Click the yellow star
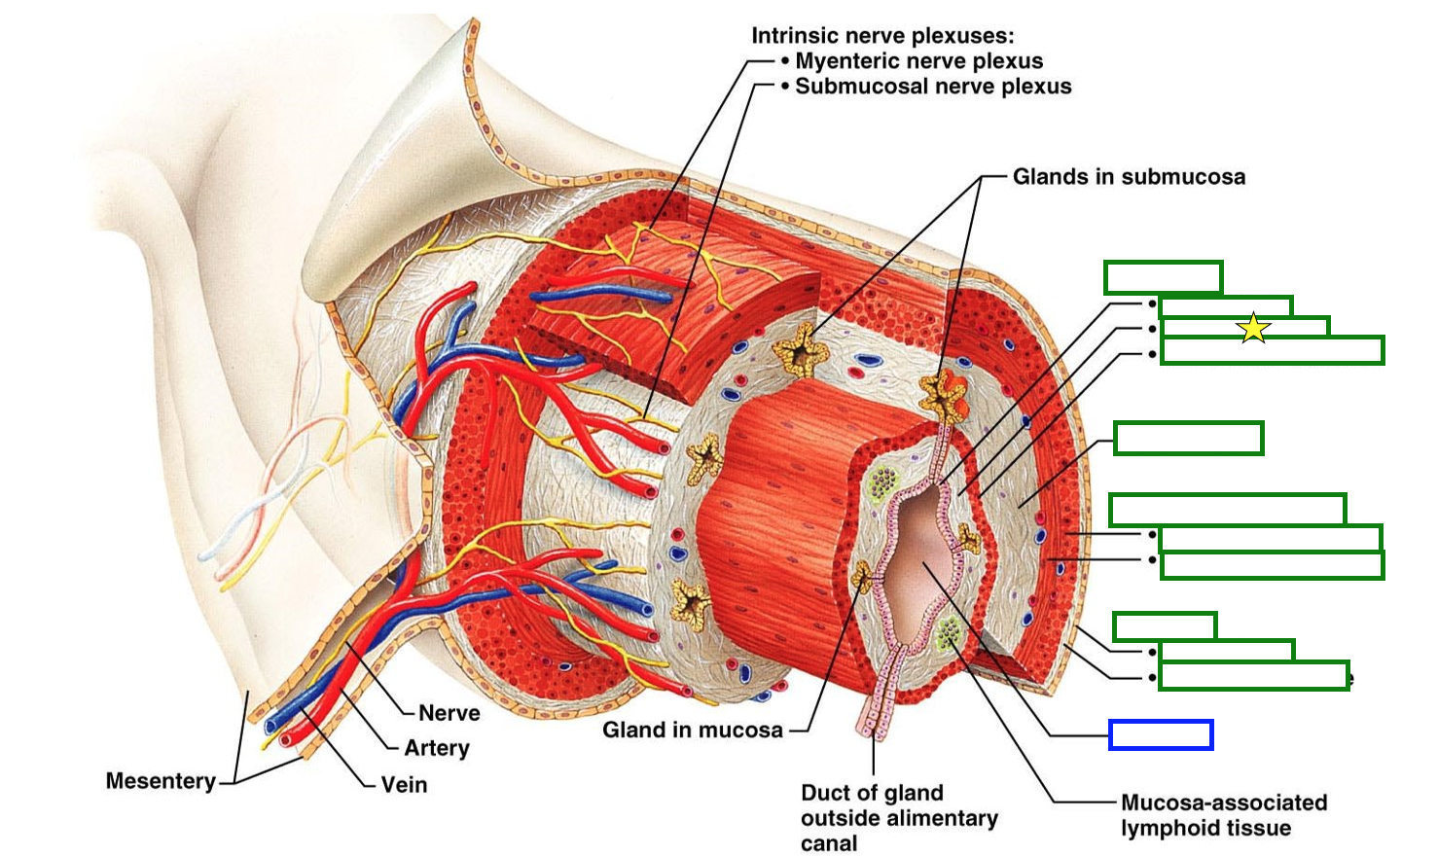click(1254, 328)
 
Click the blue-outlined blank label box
click(1161, 735)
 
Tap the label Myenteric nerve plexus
click(918, 61)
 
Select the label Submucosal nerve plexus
click(933, 87)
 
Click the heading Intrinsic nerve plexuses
click(882, 36)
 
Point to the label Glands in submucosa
click(1129, 177)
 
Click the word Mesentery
click(161, 781)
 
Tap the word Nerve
click(449, 713)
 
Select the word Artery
click(437, 748)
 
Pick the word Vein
click(404, 784)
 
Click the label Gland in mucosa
click(692, 731)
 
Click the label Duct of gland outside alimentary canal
click(899, 818)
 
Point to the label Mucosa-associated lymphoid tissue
click(1223, 815)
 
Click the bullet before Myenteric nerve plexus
click(785, 61)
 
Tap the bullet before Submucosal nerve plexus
click(785, 87)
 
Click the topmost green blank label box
click(1163, 277)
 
